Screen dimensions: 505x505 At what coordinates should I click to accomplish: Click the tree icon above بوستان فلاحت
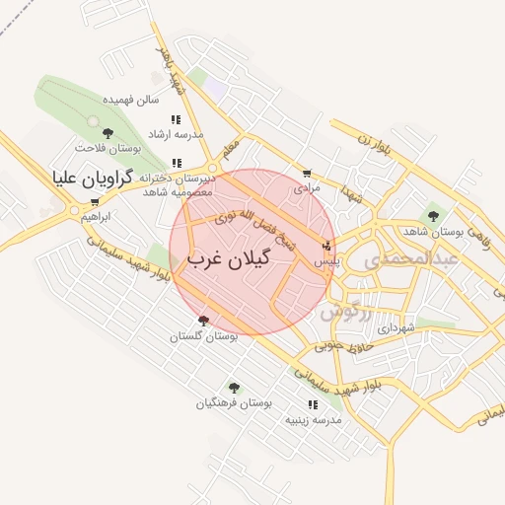pos(108,133)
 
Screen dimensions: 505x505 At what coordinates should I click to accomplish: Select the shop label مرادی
pos(308,185)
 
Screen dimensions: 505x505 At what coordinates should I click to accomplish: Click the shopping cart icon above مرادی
pos(307,173)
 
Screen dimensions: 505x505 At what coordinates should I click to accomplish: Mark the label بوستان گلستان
pos(203,336)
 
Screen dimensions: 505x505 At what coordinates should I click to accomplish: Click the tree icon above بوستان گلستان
pos(203,321)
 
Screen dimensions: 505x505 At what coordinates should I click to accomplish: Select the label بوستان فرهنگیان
pos(233,403)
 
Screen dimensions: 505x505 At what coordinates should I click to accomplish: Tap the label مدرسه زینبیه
pos(313,420)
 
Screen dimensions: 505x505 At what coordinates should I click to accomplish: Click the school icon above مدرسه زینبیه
pos(313,405)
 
